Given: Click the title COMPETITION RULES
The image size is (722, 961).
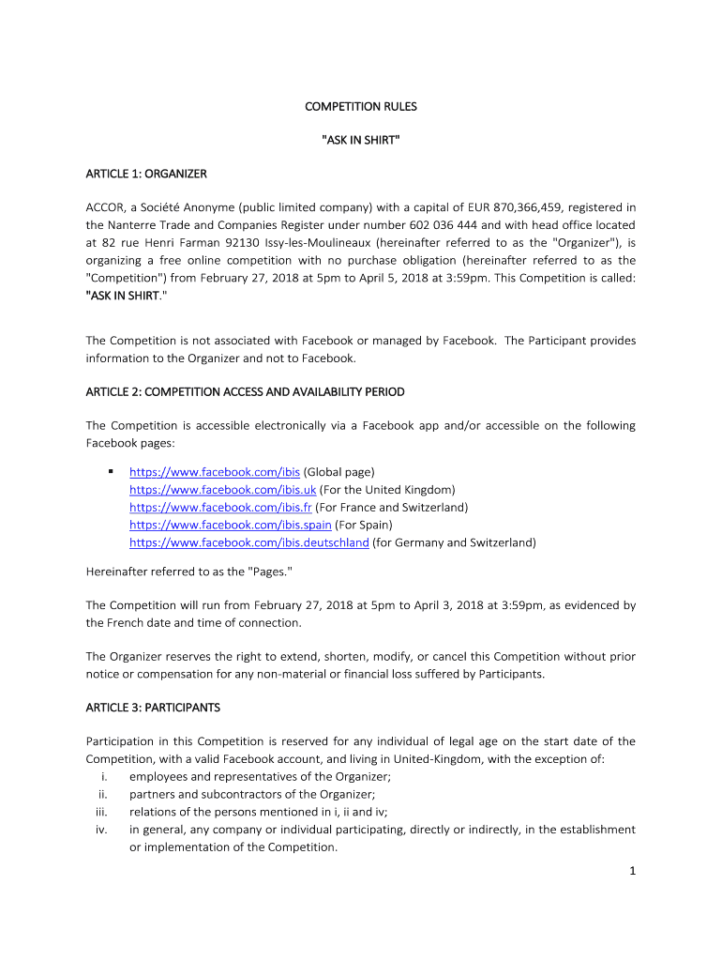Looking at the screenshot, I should point(361,107).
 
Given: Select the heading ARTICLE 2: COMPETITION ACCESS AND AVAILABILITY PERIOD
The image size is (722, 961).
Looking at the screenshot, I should point(245,391).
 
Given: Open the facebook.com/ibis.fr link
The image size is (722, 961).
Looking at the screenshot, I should point(220,508).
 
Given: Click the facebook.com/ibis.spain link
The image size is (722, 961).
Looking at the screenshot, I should point(230,525).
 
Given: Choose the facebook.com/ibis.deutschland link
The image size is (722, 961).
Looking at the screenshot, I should point(248,542).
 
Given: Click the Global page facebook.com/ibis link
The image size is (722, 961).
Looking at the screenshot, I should point(214,472).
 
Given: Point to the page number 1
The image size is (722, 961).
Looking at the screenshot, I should point(633,872).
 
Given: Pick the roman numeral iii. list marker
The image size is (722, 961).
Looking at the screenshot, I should point(102,812).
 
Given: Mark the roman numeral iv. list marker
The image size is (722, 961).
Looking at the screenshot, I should point(102,830).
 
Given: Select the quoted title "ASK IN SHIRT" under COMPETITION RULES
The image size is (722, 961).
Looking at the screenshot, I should point(361,141).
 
